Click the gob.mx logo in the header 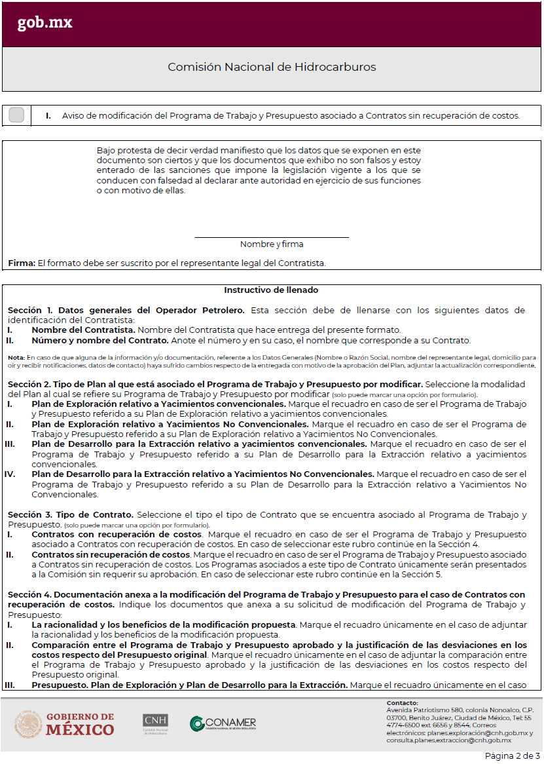pos(45,23)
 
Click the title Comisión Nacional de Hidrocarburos pos(272,67)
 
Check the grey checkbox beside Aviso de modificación pos(17,115)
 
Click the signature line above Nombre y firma pos(272,237)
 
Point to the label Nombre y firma pos(272,244)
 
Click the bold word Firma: pos(22,263)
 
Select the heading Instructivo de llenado pos(271,290)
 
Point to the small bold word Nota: pos(16,357)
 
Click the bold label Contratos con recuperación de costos pos(117,535)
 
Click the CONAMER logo pos(223,723)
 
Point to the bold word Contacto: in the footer pos(402,703)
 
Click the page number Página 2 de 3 pos(511,755)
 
